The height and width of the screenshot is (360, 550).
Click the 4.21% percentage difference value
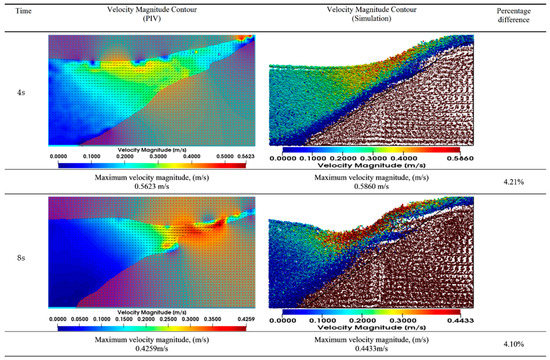pyautogui.click(x=520, y=182)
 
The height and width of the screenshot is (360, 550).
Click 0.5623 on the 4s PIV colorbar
pyautogui.click(x=243, y=156)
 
